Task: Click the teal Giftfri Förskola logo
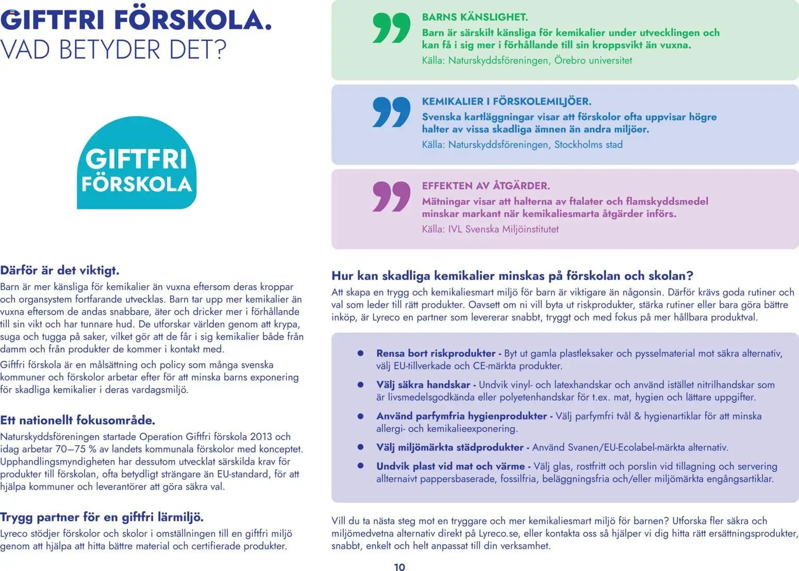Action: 137,163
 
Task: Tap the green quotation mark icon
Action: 391,28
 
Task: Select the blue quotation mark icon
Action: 391,112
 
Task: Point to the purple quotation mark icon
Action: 391,197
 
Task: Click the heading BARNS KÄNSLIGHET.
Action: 475,17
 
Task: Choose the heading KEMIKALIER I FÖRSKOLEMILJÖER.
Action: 506,102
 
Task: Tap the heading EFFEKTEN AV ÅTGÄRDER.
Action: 486,186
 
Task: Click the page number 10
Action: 399,567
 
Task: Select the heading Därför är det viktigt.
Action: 60,270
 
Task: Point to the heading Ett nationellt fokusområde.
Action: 78,420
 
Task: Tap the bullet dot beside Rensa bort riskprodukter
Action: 361,353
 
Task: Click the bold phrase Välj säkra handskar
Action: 423,385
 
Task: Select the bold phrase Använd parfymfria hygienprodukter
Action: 461,416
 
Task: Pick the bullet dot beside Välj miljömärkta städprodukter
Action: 361,447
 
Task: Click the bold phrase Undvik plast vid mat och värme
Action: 450,466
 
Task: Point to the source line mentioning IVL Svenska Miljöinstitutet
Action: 490,229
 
